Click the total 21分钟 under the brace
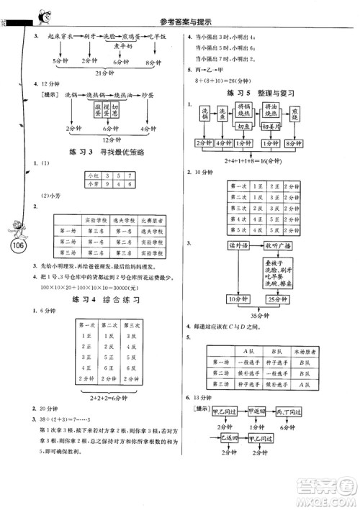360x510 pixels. coord(102,73)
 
